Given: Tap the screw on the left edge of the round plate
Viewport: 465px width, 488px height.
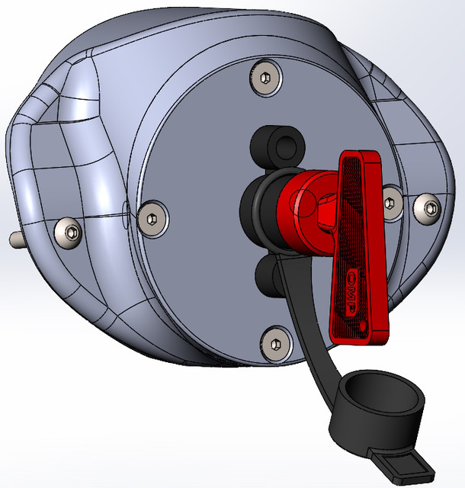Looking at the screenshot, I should pos(153,217).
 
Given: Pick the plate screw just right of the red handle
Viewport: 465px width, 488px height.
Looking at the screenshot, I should pos(391,201).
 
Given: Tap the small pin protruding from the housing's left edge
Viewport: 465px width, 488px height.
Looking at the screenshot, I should pos(15,239).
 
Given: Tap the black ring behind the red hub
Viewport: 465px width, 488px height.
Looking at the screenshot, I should pos(255,206).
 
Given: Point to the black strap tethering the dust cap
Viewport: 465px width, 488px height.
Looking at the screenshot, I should pos(305,320).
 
